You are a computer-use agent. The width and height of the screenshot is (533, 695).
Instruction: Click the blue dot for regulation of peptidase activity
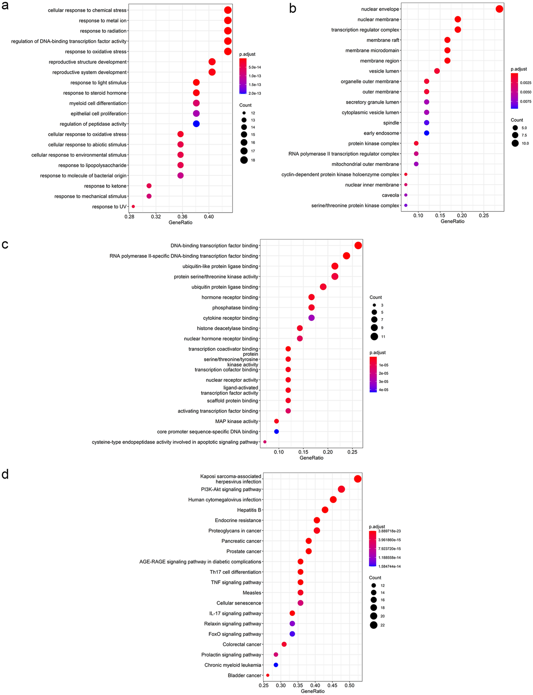coord(196,124)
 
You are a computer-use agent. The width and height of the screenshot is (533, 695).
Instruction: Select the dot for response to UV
coord(133,206)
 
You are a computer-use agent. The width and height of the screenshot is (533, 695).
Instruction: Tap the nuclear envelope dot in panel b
coord(499,9)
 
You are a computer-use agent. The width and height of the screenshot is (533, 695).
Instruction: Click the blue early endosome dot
coord(426,133)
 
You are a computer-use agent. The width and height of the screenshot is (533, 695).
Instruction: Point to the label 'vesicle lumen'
coord(384,71)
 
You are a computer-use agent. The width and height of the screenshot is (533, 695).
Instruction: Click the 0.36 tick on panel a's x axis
coord(182,216)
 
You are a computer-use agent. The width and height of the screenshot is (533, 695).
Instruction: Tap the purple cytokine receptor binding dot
coord(311,318)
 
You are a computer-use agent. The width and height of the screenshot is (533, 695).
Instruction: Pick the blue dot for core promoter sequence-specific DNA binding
coord(276,432)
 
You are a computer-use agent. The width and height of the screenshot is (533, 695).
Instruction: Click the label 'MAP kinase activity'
coord(236,421)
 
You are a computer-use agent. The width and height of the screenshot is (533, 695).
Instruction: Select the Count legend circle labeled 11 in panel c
coord(374,337)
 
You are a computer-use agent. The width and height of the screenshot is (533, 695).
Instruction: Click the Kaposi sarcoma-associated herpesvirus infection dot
coord(358,479)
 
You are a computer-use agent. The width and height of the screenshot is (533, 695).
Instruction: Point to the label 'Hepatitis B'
coord(249,510)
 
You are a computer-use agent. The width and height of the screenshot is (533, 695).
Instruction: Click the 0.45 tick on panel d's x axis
coord(332,685)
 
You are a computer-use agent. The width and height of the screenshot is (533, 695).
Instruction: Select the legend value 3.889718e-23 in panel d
coord(389,531)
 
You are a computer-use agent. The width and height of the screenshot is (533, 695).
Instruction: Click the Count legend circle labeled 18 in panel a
coord(244,160)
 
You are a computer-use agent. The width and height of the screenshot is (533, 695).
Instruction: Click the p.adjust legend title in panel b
coord(518,69)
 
